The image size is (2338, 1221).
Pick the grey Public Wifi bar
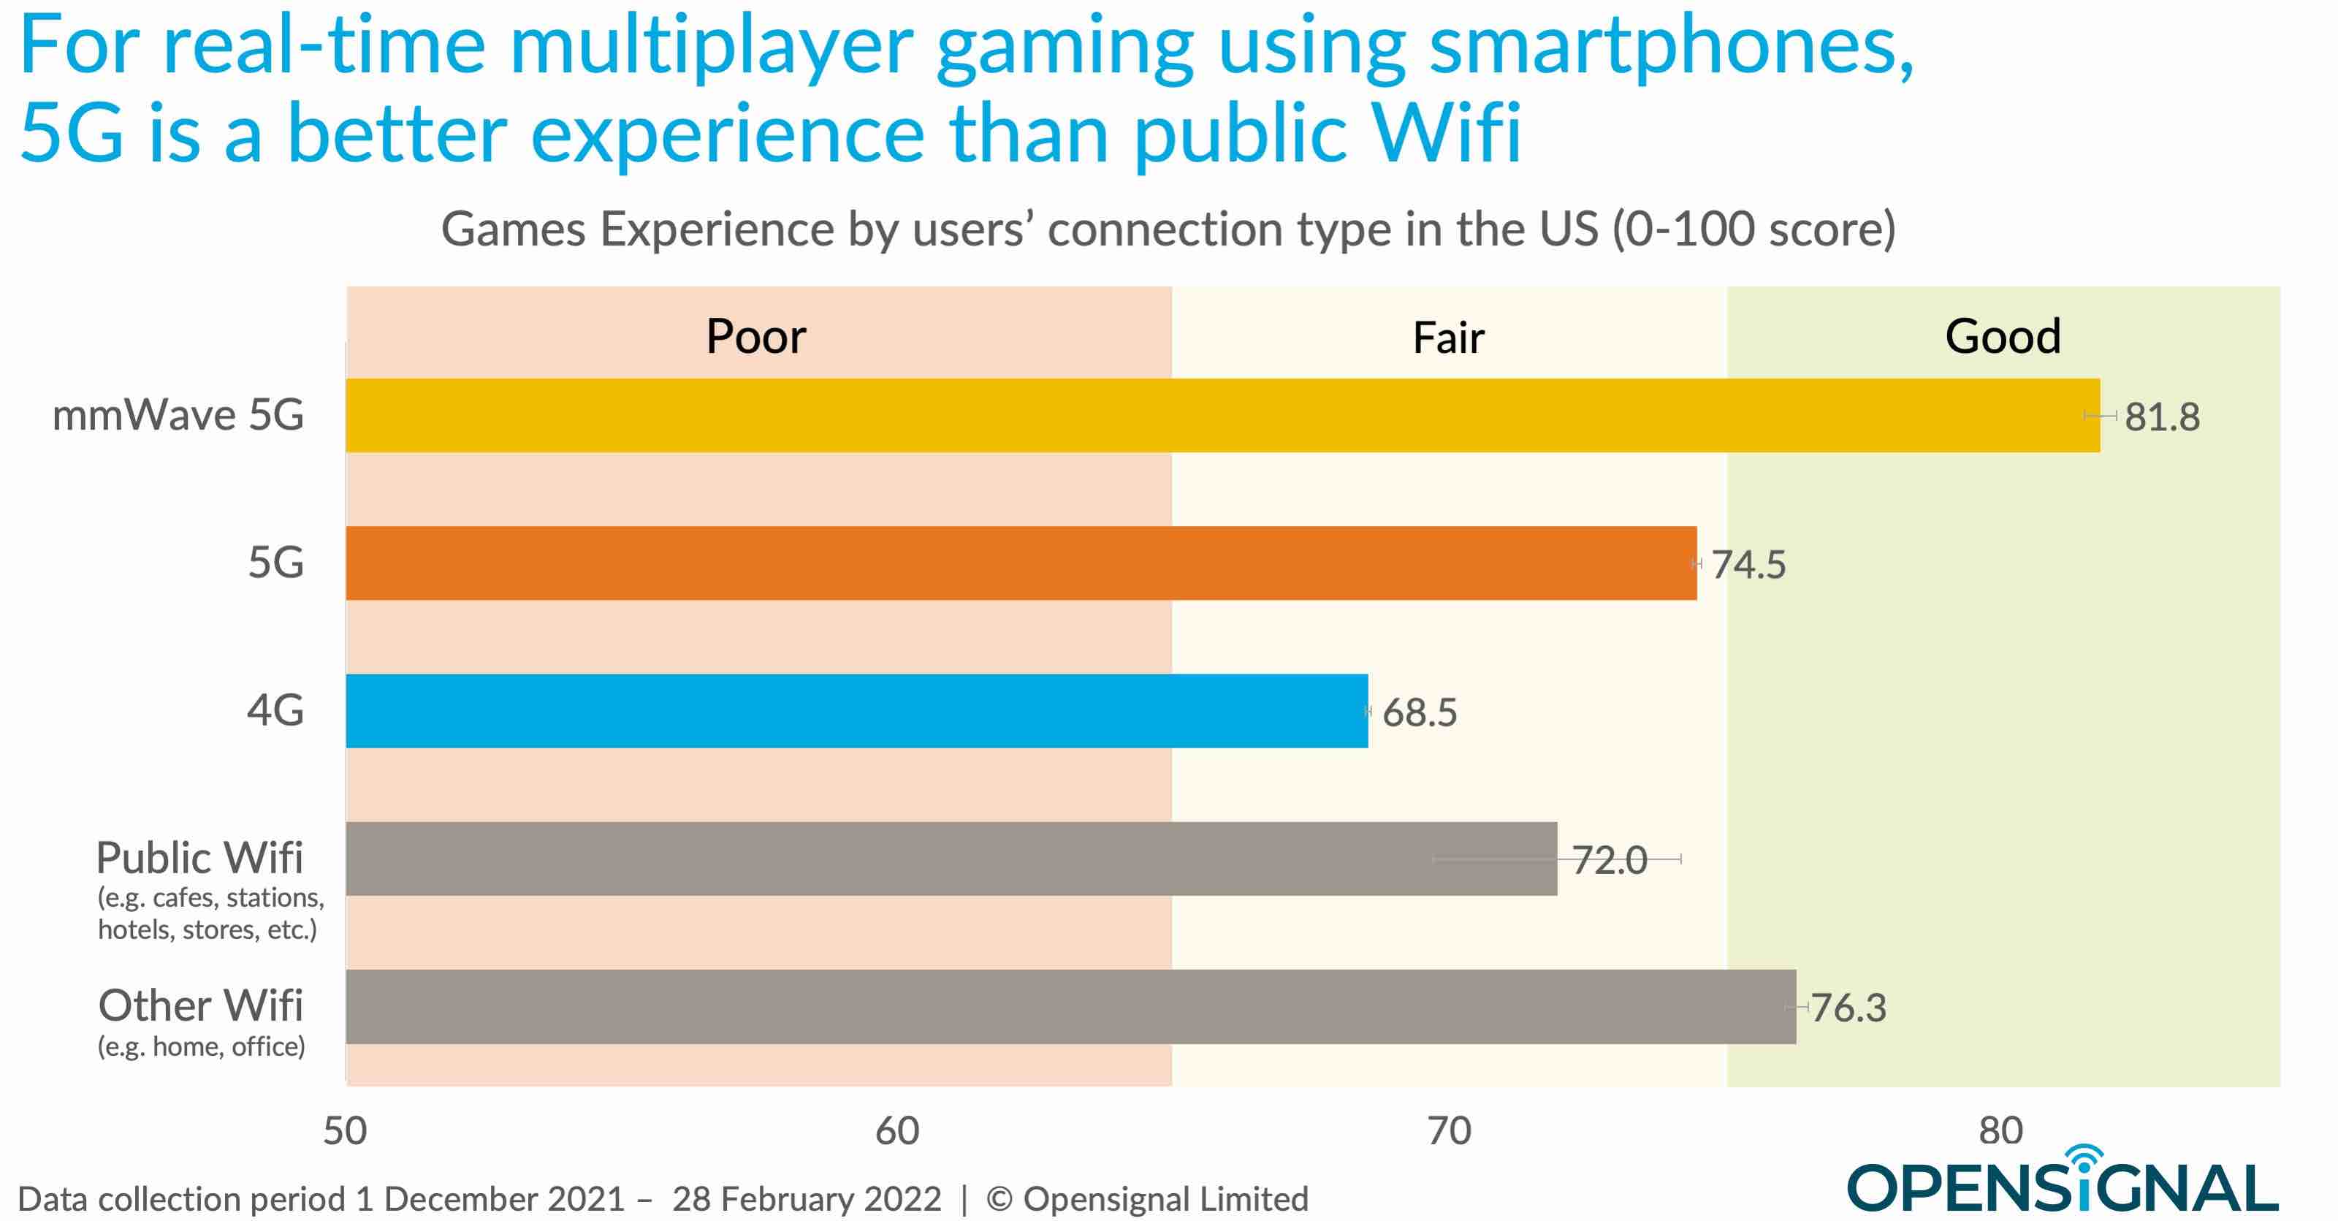pos(951,859)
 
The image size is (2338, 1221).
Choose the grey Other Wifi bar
pos(1070,1007)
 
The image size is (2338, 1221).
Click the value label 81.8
pos(2162,416)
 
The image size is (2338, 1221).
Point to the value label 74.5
pos(1748,565)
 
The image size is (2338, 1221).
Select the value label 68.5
pos(1420,712)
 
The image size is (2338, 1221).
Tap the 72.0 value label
pos(1609,860)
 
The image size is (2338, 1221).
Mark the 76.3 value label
pos(1848,1008)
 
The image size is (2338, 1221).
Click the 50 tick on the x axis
pos(345,1131)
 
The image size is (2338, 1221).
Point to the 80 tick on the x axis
pos(2001,1131)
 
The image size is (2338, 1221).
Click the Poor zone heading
pos(755,337)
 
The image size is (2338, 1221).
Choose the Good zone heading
pos(2002,337)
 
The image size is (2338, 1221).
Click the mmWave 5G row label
pos(178,415)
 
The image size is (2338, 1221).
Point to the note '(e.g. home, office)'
pos(201,1046)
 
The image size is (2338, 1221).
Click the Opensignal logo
pos(2062,1183)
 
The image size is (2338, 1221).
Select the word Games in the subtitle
pos(514,229)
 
